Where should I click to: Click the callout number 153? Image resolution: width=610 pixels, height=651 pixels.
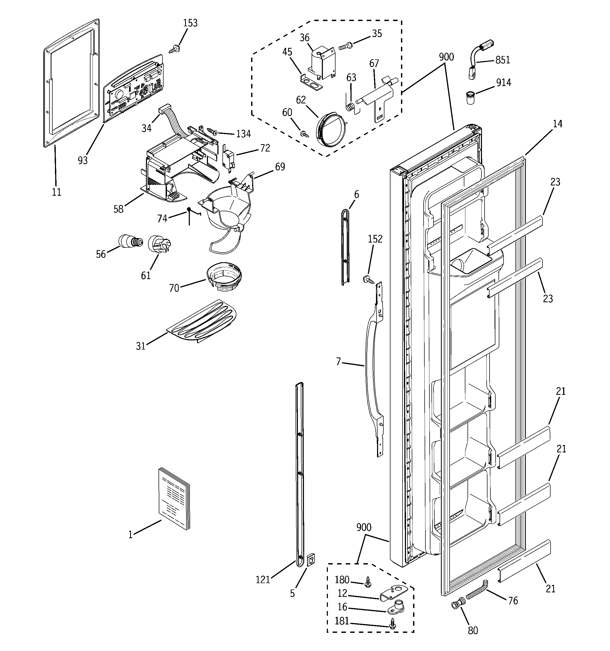[x=190, y=23]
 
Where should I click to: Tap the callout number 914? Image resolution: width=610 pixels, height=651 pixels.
[x=503, y=83]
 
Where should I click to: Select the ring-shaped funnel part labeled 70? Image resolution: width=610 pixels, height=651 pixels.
[x=224, y=276]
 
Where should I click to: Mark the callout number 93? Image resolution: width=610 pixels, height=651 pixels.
[x=83, y=160]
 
